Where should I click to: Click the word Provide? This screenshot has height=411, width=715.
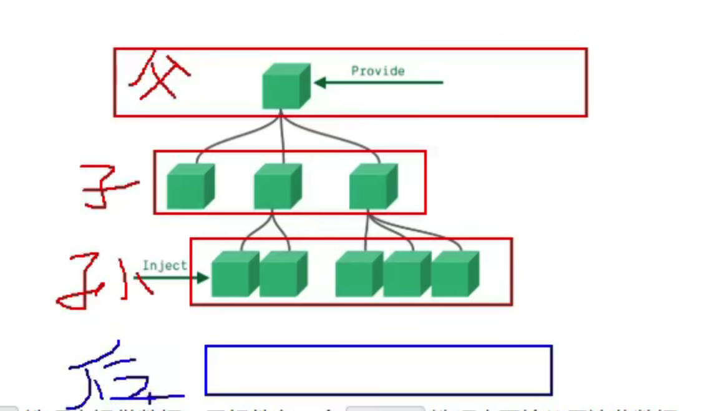pyautogui.click(x=377, y=71)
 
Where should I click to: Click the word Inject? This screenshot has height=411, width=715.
pyautogui.click(x=164, y=265)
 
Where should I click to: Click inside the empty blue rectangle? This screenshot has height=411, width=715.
pyautogui.click(x=378, y=370)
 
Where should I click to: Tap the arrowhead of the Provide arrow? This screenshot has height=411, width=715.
pyautogui.click(x=320, y=82)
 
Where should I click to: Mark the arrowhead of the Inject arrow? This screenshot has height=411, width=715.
pyautogui.click(x=203, y=278)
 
